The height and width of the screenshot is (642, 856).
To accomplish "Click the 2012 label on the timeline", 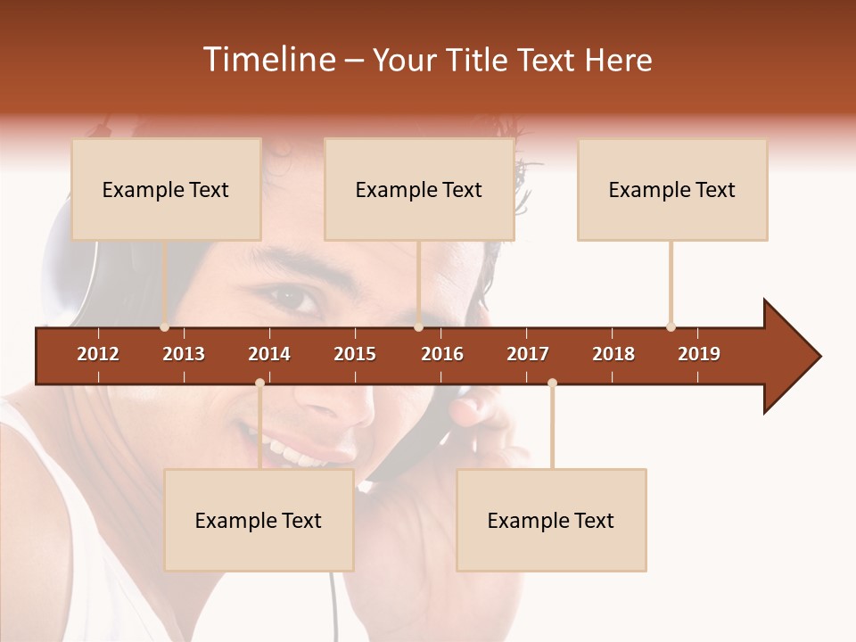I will [98, 354].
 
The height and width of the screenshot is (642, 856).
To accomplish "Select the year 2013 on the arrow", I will [184, 354].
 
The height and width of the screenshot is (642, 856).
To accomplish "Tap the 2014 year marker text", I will [269, 354].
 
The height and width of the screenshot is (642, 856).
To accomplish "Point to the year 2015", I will [355, 354].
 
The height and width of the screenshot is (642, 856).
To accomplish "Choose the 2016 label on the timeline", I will [442, 354].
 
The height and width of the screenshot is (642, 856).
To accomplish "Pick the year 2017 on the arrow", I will [528, 354].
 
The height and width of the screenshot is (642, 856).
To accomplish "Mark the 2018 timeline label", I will [613, 354].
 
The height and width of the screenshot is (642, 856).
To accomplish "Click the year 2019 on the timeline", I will [699, 354].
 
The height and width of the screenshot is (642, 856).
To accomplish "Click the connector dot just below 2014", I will [259, 383].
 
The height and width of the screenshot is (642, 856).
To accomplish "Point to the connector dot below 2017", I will [552, 383].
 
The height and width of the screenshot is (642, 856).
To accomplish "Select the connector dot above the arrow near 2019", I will [671, 326].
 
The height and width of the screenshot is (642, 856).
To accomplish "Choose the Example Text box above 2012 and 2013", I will [166, 189].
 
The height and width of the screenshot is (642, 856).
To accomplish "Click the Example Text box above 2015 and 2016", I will [419, 189].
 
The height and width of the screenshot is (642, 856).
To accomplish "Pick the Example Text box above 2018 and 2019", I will [672, 189].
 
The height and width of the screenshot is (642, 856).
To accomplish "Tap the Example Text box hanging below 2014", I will [259, 520].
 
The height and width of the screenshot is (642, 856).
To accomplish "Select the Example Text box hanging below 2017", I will [551, 520].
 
